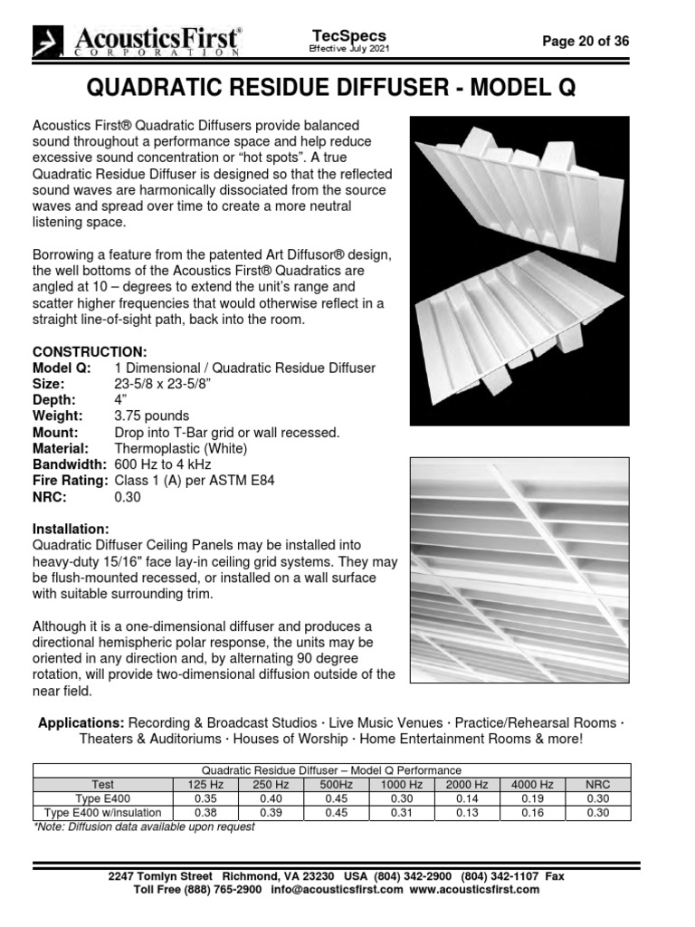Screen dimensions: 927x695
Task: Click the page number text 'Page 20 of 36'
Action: (x=585, y=41)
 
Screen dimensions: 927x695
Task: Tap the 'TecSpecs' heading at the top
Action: (x=349, y=33)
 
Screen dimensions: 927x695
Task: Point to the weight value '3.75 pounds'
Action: (x=152, y=416)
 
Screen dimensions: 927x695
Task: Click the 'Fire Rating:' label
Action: (x=71, y=481)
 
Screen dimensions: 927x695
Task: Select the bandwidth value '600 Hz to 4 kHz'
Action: (x=163, y=464)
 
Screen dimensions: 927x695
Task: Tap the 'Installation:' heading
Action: (x=71, y=529)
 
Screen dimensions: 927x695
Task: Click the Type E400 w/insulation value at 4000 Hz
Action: (x=533, y=813)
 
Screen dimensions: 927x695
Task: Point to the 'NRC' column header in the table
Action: (x=598, y=785)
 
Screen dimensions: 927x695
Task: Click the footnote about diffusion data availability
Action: (x=144, y=827)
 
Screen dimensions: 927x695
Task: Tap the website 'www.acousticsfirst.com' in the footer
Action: (x=474, y=890)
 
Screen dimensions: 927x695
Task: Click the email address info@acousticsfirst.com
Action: (x=336, y=890)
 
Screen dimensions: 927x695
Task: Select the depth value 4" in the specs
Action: (x=120, y=400)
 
